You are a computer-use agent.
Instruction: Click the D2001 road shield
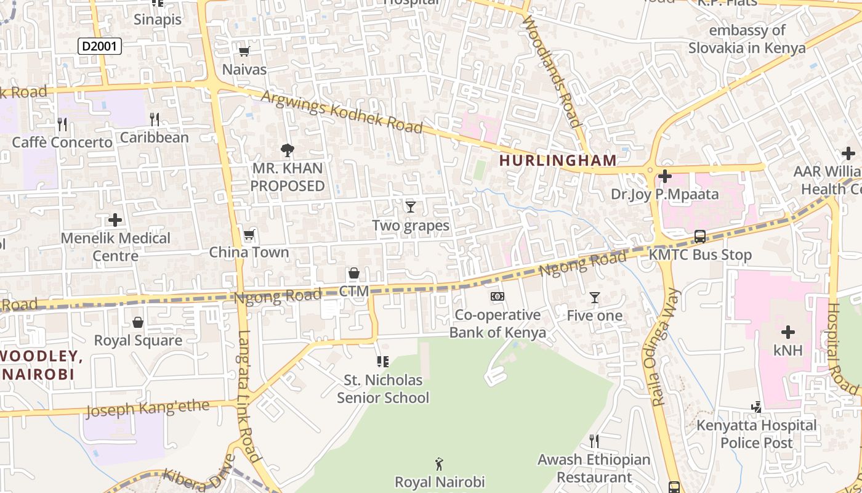tap(100, 46)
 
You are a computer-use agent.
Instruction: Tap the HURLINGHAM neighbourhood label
tap(558, 161)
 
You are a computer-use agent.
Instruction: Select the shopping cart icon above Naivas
tap(244, 52)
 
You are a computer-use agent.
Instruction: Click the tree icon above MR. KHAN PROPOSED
tap(287, 150)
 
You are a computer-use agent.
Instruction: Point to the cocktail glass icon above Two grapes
tap(411, 207)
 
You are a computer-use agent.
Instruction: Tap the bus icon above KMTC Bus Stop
tap(700, 237)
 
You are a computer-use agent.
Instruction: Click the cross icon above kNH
tap(788, 332)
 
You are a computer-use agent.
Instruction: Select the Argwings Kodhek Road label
tap(342, 112)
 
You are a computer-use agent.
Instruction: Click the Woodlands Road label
tap(552, 71)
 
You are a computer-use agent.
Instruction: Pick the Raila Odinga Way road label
tap(665, 348)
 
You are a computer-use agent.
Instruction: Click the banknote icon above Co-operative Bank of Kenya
tap(497, 297)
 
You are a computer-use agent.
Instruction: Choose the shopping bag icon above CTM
tap(354, 273)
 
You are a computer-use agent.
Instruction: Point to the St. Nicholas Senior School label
tap(383, 389)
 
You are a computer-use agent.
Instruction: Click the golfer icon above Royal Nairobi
tap(439, 463)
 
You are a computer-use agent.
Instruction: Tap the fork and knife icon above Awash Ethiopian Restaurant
tap(594, 441)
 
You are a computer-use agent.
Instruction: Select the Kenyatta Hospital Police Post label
tap(757, 434)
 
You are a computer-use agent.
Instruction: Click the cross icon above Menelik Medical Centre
tap(115, 220)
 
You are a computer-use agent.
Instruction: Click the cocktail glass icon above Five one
tap(594, 298)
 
